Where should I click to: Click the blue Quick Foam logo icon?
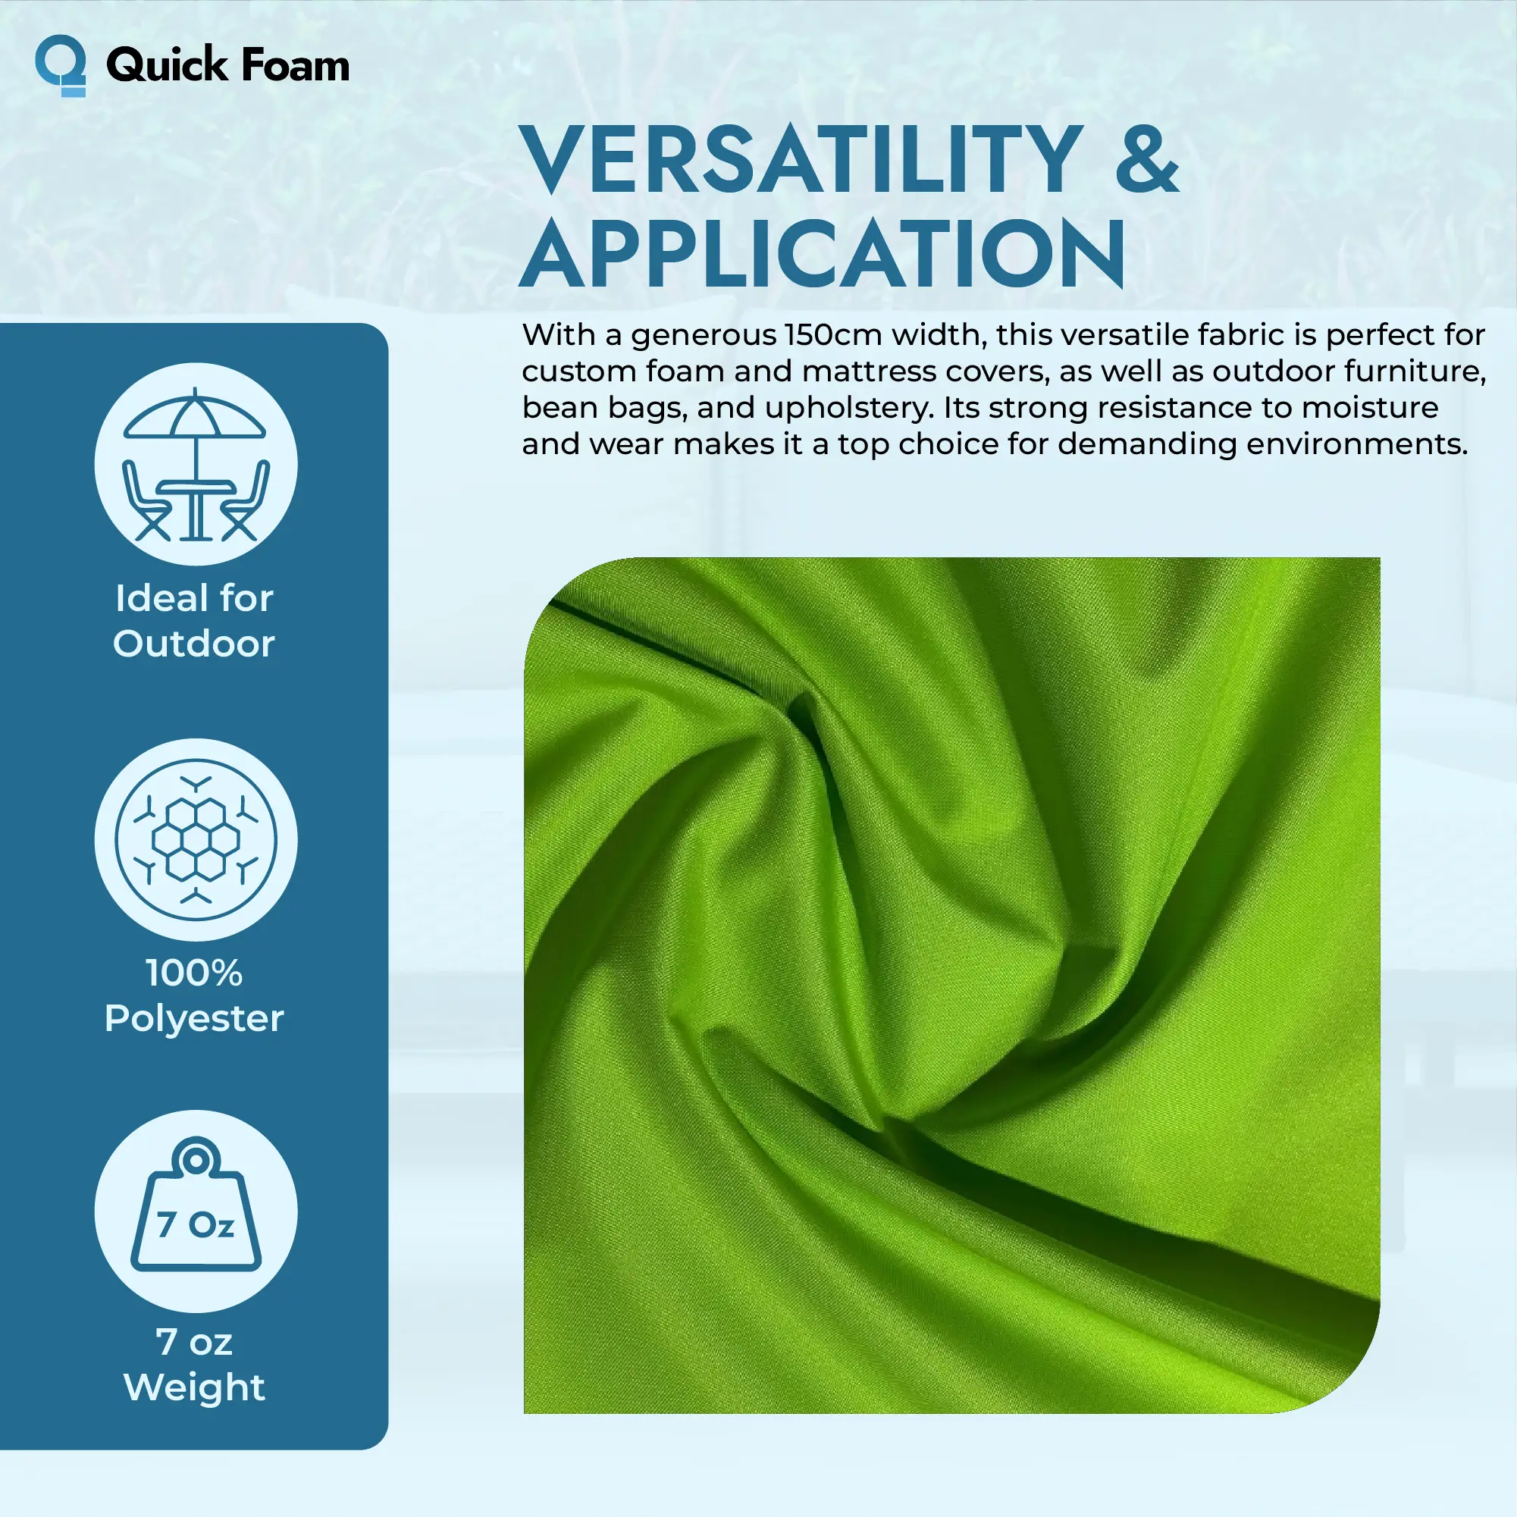tap(61, 66)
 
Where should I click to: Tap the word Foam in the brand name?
tap(295, 64)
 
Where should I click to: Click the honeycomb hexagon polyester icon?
tap(196, 839)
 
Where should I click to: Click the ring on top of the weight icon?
tap(196, 1160)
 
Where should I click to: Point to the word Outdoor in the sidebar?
tap(194, 644)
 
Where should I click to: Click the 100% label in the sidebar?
tap(194, 973)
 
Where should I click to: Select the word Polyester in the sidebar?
tap(194, 1019)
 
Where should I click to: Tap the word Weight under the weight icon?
tap(195, 1387)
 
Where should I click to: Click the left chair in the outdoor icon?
tap(146, 501)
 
